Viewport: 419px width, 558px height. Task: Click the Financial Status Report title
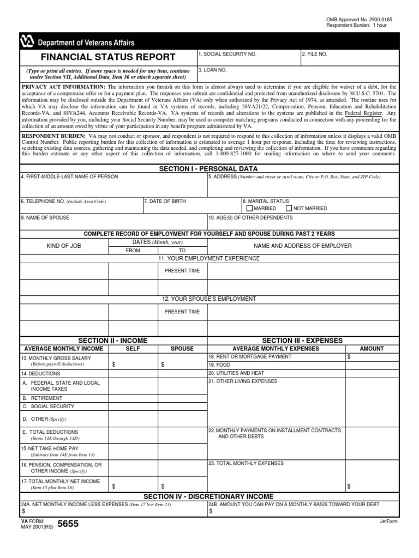(x=109, y=57)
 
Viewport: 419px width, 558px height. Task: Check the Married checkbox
(x=250, y=208)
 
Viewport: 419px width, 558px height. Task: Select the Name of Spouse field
(x=113, y=222)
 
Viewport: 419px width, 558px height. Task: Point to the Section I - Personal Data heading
(x=208, y=169)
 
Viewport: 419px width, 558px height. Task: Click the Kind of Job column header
(x=64, y=246)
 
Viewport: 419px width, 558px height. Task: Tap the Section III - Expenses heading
(x=302, y=341)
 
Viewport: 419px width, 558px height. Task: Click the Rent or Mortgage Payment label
(x=250, y=356)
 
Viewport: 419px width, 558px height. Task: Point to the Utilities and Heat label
(x=236, y=373)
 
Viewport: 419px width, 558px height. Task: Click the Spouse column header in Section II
(x=182, y=348)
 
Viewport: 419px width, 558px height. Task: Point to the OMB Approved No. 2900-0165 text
(x=359, y=20)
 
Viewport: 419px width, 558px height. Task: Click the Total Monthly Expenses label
(x=246, y=463)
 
